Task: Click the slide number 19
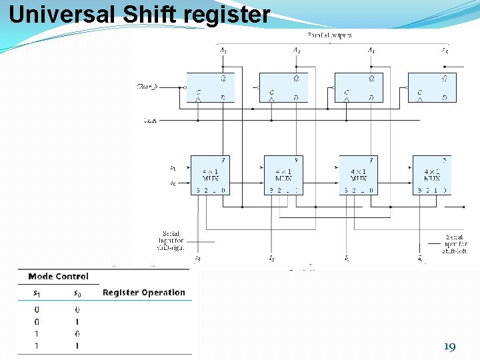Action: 449,347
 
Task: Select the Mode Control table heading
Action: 58,276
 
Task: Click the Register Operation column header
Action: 144,292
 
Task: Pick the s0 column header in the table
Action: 77,292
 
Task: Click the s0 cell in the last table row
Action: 77,346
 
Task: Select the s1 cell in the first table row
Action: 37,309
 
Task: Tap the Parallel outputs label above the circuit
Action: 329,35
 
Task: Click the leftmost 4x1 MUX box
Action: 210,175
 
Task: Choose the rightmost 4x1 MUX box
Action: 431,175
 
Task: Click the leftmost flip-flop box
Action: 210,87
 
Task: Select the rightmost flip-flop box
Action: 431,87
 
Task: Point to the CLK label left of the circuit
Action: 150,120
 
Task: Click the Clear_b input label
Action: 147,87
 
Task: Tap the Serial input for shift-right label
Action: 169,241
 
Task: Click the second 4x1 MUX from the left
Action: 283,175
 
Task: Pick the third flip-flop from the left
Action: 358,87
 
